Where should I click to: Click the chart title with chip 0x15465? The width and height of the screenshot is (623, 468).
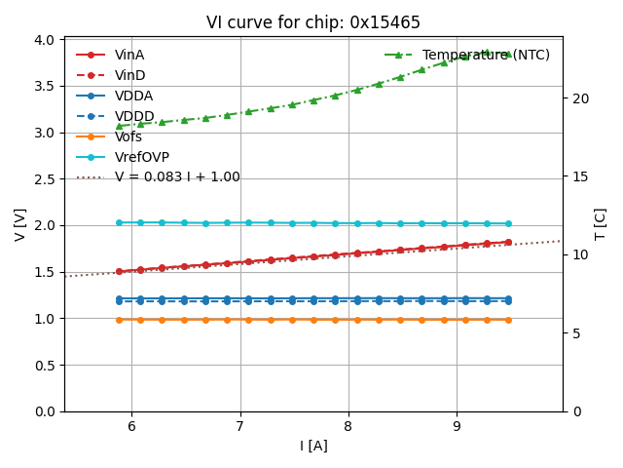coord(313,22)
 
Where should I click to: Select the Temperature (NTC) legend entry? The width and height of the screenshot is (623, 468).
coord(486,55)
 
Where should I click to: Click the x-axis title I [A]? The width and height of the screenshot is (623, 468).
coord(313,446)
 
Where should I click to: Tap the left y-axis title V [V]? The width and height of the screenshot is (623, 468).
coord(19,224)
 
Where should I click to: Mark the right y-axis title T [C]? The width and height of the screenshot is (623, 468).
coord(601,224)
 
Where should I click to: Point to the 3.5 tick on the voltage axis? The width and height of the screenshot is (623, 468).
coord(44,86)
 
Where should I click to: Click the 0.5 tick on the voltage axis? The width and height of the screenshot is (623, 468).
coord(44,366)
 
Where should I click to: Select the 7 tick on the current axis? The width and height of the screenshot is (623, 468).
coord(240,425)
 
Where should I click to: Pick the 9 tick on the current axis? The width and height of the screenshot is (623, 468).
coord(457,425)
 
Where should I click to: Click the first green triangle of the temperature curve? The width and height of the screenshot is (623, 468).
coord(119,126)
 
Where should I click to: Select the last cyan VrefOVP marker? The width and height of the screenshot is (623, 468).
coord(508,223)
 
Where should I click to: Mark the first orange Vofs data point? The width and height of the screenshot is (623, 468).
coord(119,320)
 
